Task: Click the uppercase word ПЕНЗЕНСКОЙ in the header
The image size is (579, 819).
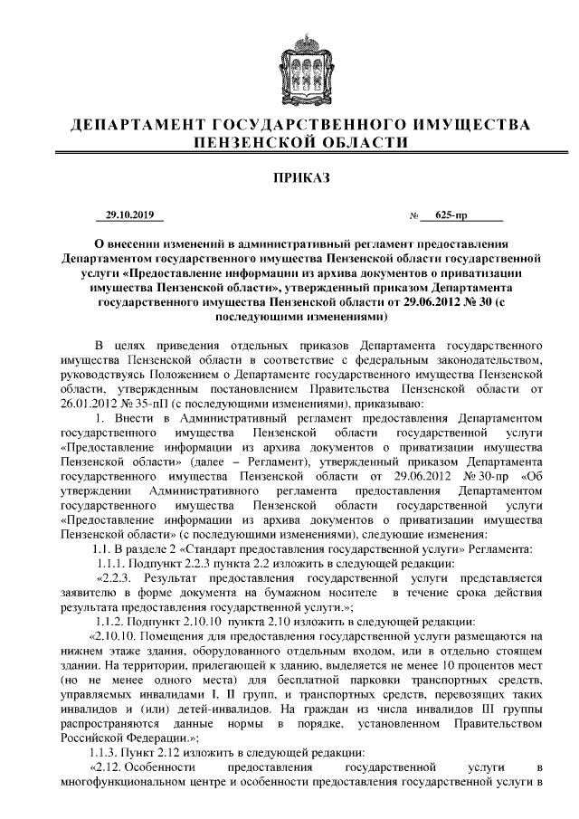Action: point(245,142)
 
